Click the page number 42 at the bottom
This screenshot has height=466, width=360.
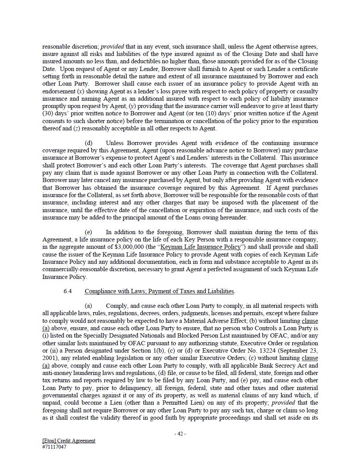(x=180, y=434)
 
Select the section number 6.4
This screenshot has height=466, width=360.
(x=67, y=291)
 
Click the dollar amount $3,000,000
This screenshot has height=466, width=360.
(x=129, y=247)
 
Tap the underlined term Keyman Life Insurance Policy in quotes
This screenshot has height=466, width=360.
(x=200, y=247)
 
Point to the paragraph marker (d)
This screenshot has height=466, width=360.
(x=88, y=143)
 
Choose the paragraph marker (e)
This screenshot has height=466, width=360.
(x=88, y=232)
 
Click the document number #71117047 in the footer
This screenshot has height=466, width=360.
(x=54, y=447)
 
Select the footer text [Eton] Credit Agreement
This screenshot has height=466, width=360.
(x=69, y=441)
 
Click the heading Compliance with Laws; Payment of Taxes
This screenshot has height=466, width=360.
(x=160, y=291)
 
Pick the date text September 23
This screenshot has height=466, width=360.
(x=297, y=351)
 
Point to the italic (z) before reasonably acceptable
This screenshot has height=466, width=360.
(x=76, y=128)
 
